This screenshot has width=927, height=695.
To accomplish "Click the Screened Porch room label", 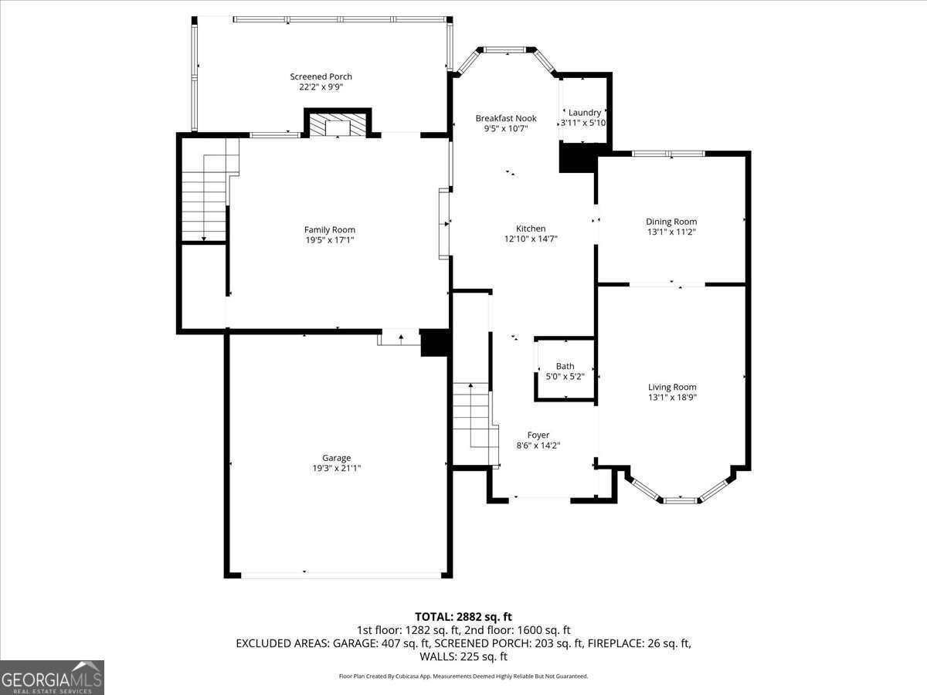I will point(321,76).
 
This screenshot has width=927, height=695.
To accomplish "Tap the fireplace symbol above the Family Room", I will point(338,127).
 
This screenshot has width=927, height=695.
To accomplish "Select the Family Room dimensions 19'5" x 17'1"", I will point(329,240).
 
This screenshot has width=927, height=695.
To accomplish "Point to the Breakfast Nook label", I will point(505,118).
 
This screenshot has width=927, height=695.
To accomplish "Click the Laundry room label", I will point(585,113).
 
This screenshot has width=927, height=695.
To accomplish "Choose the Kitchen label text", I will point(531,229).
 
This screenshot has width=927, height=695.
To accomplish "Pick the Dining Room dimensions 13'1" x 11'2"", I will point(671,232).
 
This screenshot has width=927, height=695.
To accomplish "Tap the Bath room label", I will point(565,367).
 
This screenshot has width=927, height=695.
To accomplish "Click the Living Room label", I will point(672,387).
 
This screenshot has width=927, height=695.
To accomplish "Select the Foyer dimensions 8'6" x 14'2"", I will point(538,446).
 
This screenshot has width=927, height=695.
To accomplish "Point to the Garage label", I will point(336,458).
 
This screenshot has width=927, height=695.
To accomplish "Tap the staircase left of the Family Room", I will point(205,197).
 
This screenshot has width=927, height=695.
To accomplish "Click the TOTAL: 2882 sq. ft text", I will point(463,616).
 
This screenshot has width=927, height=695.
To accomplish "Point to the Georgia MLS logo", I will point(52,677).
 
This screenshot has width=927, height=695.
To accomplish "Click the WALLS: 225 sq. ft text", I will point(463,657).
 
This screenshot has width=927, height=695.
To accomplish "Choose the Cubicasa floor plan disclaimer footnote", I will point(463,676).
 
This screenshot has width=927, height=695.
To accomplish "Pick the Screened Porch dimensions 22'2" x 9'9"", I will point(321,87).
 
